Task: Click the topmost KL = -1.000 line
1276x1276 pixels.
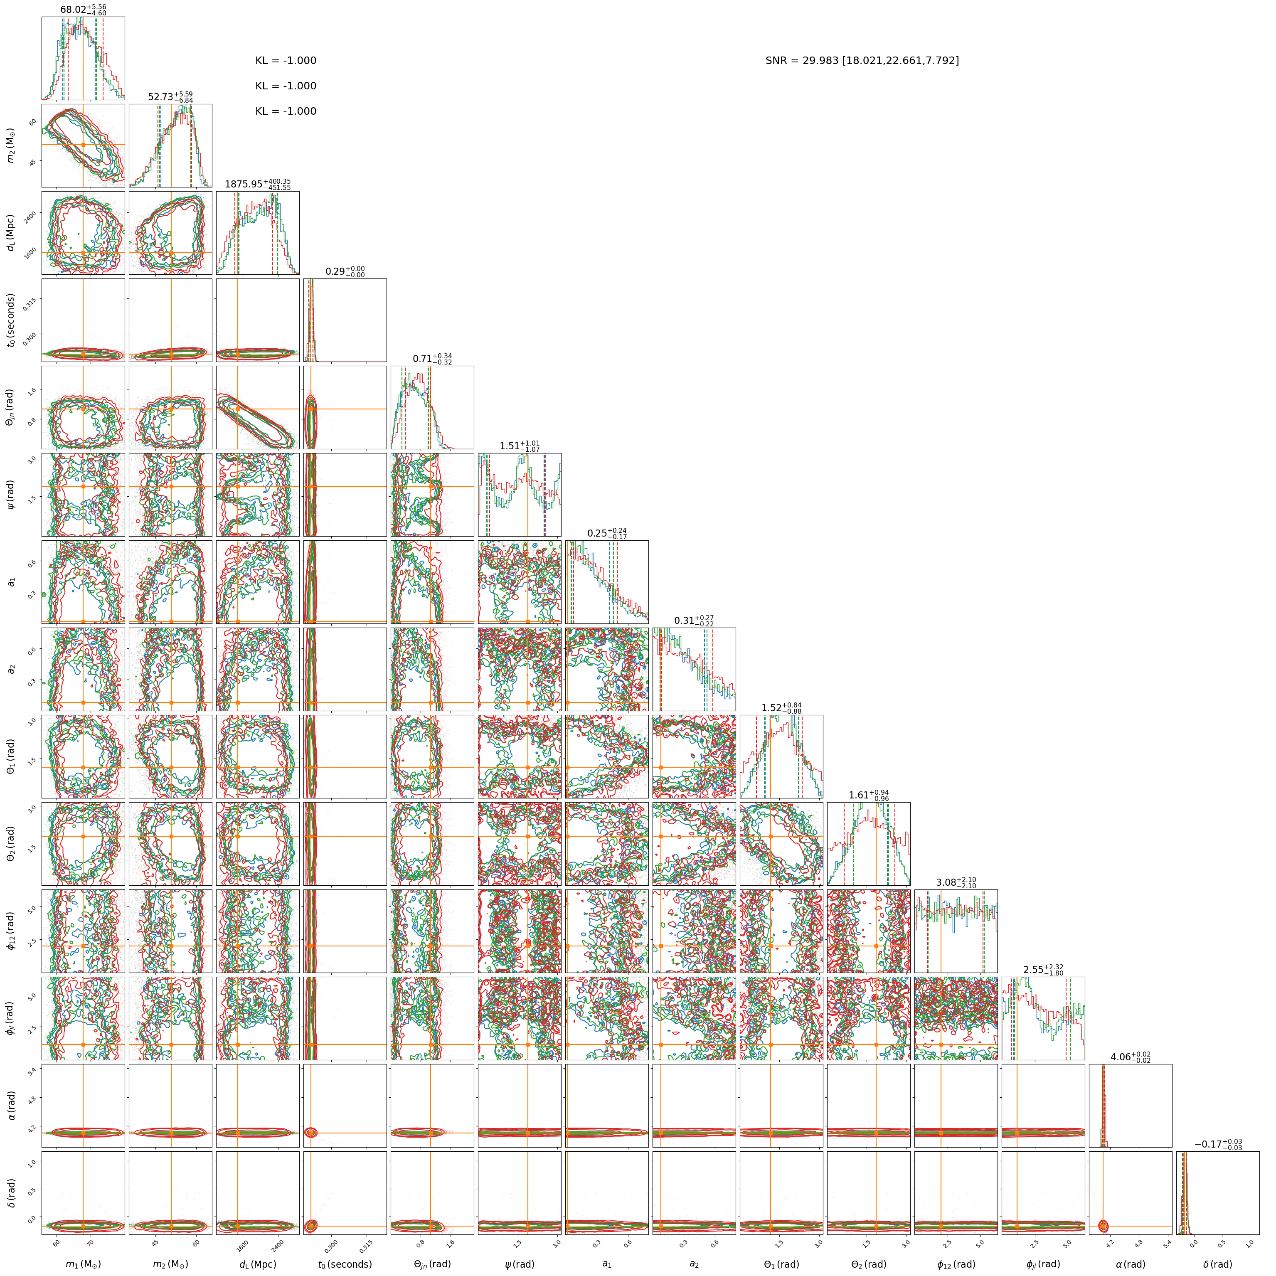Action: pos(286,61)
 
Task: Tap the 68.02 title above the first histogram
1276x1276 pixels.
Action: pos(83,9)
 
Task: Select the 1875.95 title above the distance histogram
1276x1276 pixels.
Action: pos(258,184)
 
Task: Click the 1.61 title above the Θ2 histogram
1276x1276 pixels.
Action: pos(869,795)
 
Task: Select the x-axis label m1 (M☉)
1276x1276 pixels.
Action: pos(83,1264)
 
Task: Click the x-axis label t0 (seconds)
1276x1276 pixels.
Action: pos(345,1264)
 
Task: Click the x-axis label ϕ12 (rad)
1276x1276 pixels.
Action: pos(956,1264)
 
